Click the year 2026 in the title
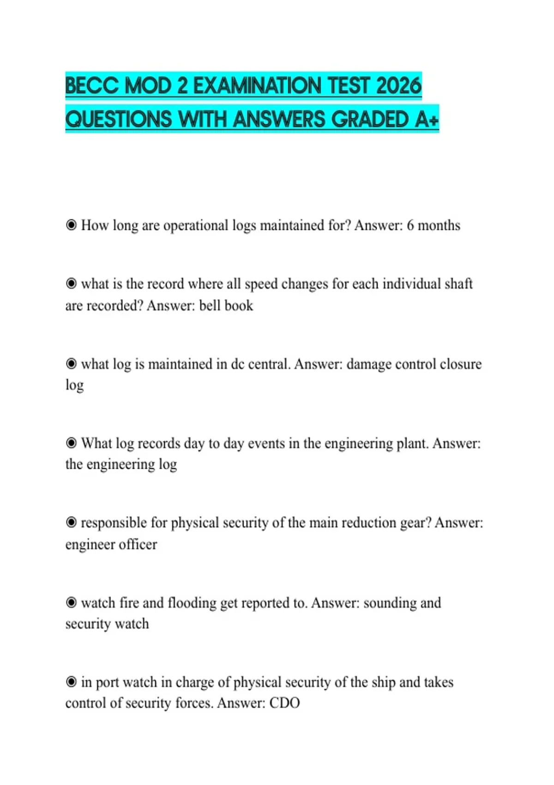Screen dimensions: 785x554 point(399,86)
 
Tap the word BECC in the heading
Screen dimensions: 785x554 point(92,86)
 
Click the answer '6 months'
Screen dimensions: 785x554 point(434,225)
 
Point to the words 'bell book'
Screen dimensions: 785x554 point(226,306)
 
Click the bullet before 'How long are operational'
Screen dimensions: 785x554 point(71,225)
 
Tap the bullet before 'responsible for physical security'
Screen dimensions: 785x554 point(71,523)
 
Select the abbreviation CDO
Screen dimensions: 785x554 point(285,703)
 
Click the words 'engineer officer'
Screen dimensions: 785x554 point(111,544)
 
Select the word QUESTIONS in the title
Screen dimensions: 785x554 point(119,120)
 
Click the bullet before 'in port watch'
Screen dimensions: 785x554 point(71,682)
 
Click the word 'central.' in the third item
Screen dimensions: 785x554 point(269,364)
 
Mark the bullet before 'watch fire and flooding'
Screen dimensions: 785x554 point(71,603)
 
